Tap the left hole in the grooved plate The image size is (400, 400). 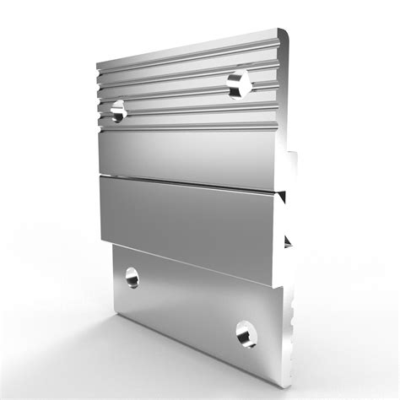point(118,107)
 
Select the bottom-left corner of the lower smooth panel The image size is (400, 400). point(102,238)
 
